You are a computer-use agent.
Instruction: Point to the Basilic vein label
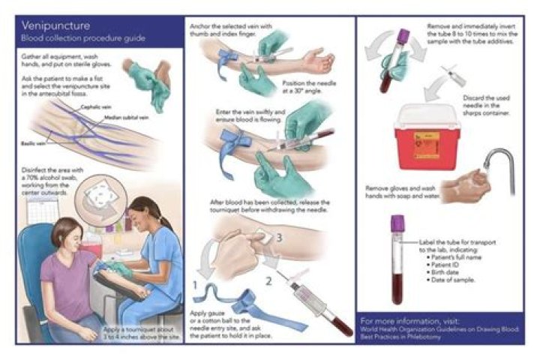pos(34,141)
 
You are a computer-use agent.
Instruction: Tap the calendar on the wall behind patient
pos(40,211)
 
